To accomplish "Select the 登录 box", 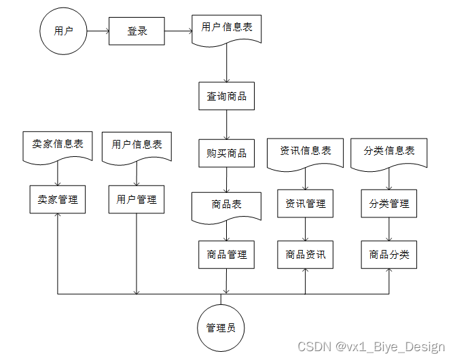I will pyautogui.click(x=136, y=31).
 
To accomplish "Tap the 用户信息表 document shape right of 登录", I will pyautogui.click(x=227, y=29).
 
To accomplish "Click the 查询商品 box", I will pyautogui.click(x=226, y=96).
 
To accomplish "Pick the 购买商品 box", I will pyautogui.click(x=226, y=153).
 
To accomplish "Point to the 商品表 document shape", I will pyautogui.click(x=226, y=205).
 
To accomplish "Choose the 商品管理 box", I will pyautogui.click(x=226, y=255).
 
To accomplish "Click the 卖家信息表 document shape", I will pyautogui.click(x=57, y=145).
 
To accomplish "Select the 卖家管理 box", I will pyautogui.click(x=57, y=199).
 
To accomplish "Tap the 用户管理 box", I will pyautogui.click(x=136, y=199).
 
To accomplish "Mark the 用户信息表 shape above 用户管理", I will pyautogui.click(x=136, y=145).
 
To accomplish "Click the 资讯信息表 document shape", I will pyautogui.click(x=306, y=151).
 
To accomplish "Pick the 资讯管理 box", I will pyautogui.click(x=306, y=203).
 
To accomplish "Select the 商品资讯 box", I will pyautogui.click(x=306, y=255).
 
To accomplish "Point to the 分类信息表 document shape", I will pyautogui.click(x=389, y=151).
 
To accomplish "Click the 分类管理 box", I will pyautogui.click(x=389, y=203).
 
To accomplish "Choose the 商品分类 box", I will pyautogui.click(x=389, y=255).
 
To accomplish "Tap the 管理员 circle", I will pyautogui.click(x=221, y=327).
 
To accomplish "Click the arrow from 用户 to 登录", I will pyautogui.click(x=98, y=31).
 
